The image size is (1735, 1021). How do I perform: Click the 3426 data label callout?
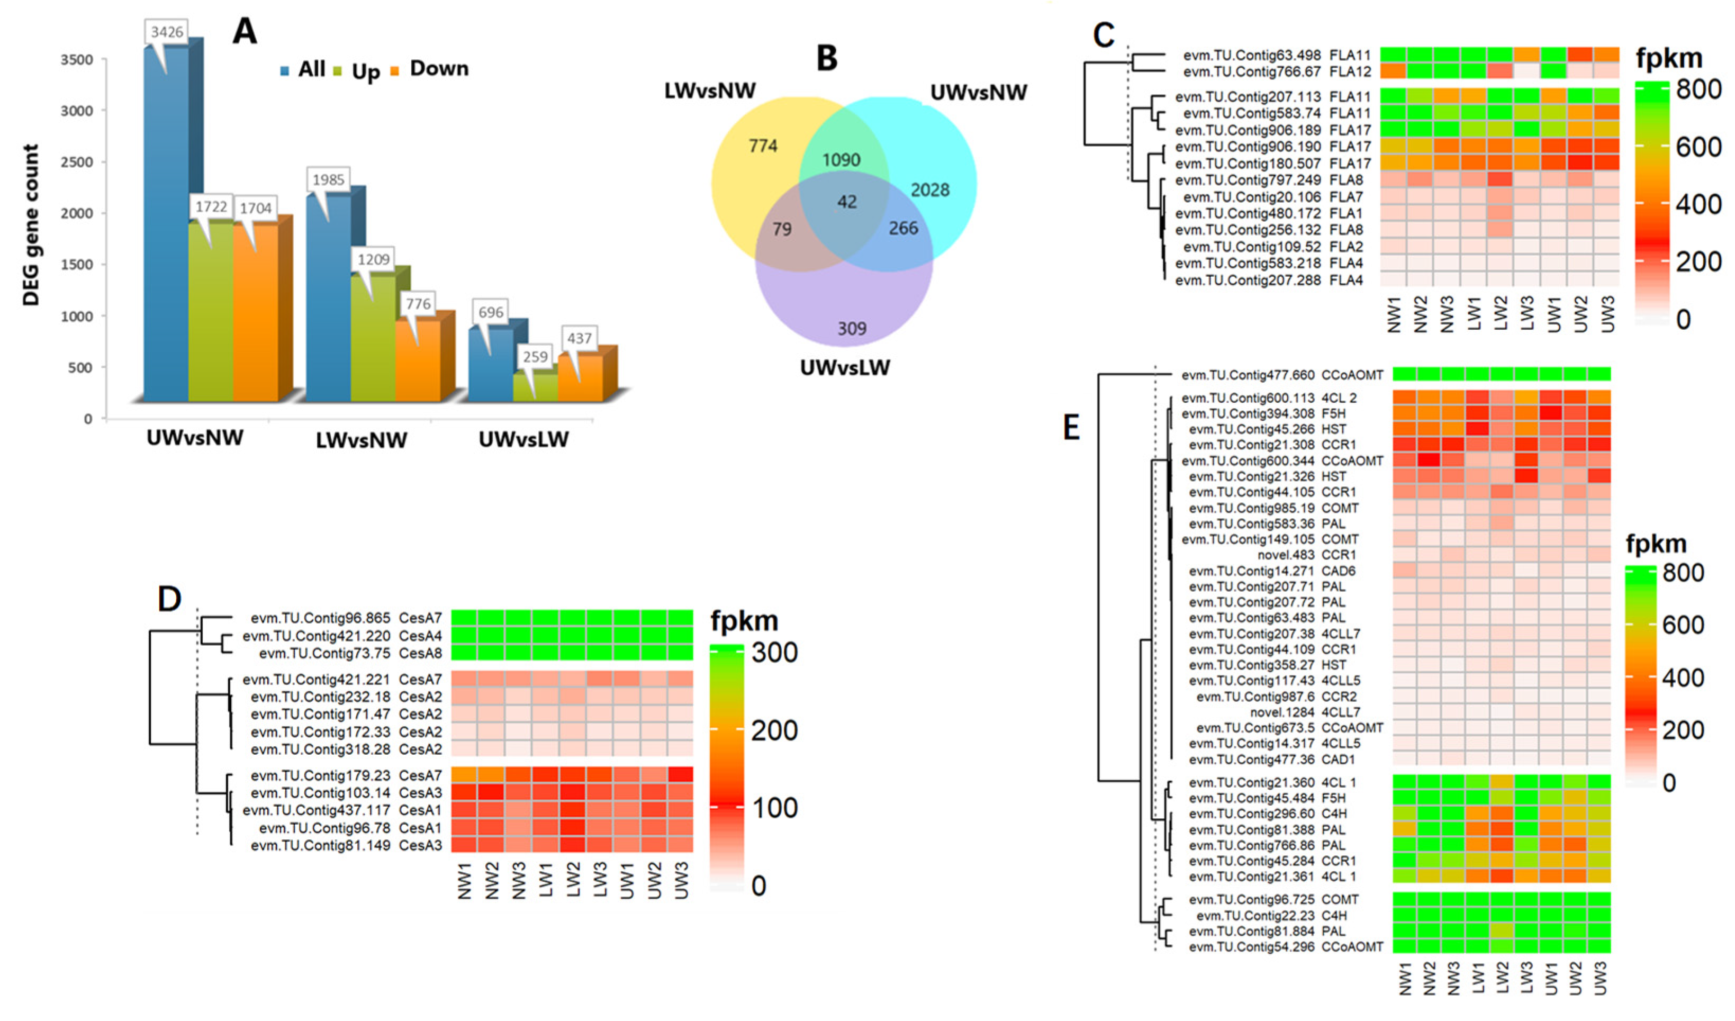[x=167, y=32]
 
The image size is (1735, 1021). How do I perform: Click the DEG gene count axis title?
[x=31, y=224]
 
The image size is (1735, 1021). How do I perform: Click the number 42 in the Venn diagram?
[x=847, y=202]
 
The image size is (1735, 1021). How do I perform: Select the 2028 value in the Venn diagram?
[x=929, y=189]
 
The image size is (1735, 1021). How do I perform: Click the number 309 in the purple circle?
[x=852, y=328]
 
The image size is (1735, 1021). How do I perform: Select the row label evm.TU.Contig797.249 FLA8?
[x=1268, y=180]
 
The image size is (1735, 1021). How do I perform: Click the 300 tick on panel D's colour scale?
[x=774, y=652]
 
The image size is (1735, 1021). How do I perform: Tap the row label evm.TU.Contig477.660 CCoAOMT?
[x=1282, y=375]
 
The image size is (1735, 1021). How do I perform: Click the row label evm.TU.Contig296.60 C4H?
[x=1267, y=814]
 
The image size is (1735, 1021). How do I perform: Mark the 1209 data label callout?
[x=373, y=259]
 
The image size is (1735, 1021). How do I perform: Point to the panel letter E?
[x=1071, y=428]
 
